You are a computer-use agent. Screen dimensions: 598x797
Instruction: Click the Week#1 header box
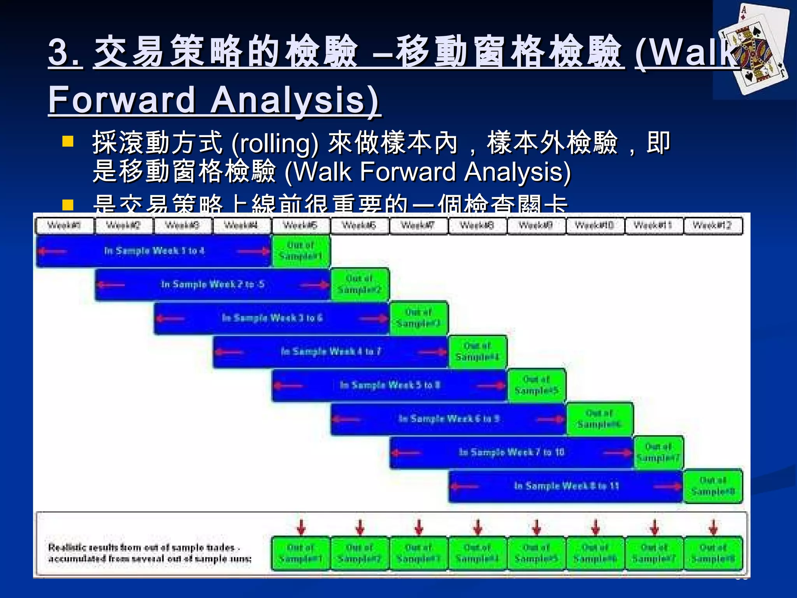coord(64,226)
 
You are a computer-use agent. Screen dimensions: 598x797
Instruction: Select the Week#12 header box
coord(713,226)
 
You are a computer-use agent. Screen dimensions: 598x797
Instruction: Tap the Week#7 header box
coord(418,226)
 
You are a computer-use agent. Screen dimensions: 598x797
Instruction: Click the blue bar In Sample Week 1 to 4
coord(154,251)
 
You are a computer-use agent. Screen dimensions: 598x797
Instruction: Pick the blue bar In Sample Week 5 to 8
coord(390,385)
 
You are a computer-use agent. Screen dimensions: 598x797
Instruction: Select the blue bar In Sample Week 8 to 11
coord(566,486)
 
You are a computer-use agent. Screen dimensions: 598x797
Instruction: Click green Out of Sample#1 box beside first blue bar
coord(301,251)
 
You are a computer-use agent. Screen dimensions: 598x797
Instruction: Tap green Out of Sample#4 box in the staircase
coord(478,352)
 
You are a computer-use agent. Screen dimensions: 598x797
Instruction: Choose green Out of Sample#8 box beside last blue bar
coord(713,486)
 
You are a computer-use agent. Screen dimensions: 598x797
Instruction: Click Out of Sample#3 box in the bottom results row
coord(419,553)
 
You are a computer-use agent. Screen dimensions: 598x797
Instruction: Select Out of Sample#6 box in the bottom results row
coord(595,553)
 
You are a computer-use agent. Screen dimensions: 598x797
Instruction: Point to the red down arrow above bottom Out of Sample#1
coord(301,527)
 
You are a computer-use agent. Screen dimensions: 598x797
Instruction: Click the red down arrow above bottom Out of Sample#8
coord(713,527)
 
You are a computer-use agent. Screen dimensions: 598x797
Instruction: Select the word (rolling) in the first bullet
coord(275,143)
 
